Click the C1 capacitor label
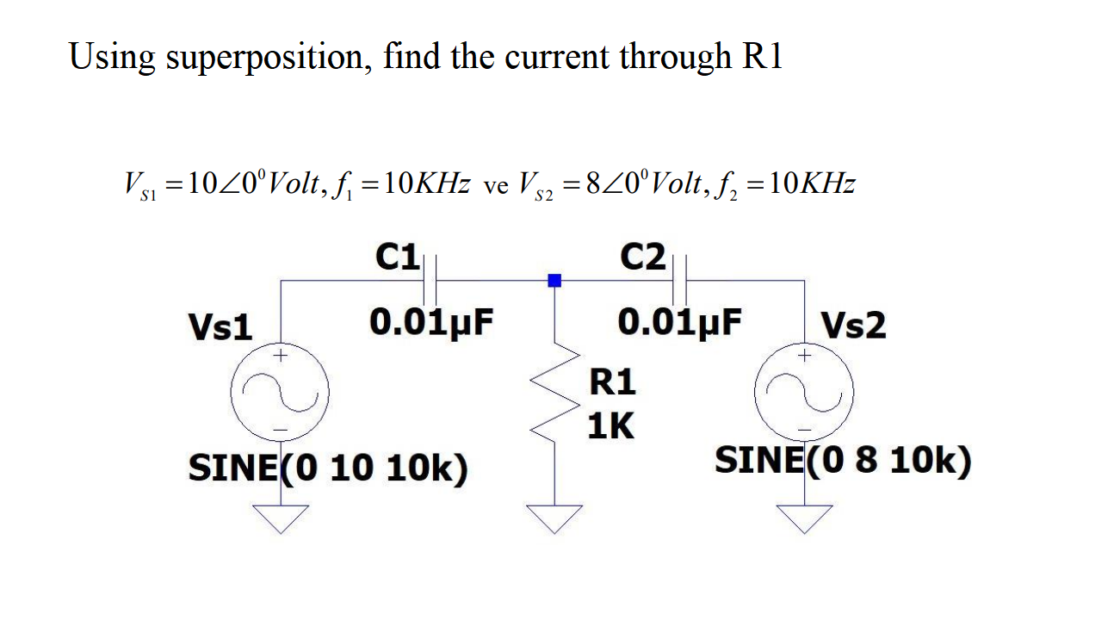click(398, 257)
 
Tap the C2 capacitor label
click(643, 257)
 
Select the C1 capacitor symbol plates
click(433, 280)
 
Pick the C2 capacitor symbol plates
click(679, 280)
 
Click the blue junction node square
click(554, 280)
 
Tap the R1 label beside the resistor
click(611, 382)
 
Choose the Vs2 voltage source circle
click(804, 395)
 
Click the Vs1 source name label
click(220, 328)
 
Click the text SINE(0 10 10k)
click(328, 469)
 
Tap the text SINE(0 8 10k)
click(843, 462)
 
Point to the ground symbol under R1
click(554, 518)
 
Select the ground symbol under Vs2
click(805, 518)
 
